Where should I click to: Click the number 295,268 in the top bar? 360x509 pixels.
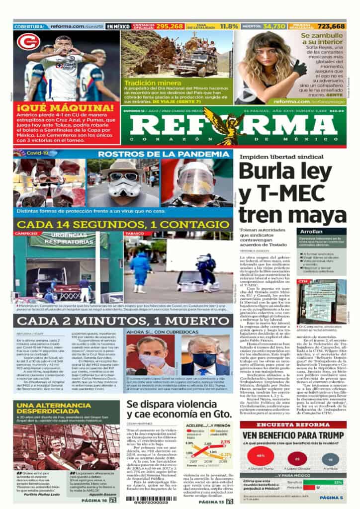point(170,26)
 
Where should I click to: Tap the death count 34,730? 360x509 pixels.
point(275,26)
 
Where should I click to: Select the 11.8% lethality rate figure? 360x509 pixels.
point(229,26)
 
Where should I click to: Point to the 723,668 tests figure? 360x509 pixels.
point(331,26)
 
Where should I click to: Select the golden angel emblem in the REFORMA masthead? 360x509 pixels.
point(226,124)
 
